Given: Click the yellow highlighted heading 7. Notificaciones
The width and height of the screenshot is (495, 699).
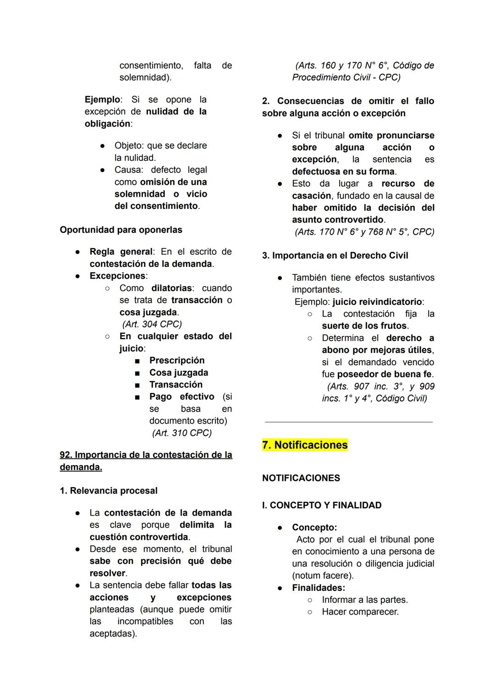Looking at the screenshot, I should (x=305, y=445).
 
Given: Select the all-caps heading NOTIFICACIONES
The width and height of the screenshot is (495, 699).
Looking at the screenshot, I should (x=301, y=478).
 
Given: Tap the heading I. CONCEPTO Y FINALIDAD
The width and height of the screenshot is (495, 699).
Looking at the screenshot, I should (x=322, y=505).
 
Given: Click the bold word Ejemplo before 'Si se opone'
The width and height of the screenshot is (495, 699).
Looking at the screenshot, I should (x=102, y=99).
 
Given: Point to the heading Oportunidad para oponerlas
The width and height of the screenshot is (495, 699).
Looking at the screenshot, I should (x=121, y=230).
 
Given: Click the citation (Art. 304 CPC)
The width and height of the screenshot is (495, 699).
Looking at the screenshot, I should (x=152, y=324).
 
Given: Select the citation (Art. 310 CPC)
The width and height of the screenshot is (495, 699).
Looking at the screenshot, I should (x=182, y=433).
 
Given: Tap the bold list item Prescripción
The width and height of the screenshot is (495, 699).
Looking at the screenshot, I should (x=177, y=360).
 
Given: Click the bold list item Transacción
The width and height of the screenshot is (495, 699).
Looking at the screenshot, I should (x=176, y=385).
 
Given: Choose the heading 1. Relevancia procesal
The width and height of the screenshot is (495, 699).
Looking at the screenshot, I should (x=109, y=490).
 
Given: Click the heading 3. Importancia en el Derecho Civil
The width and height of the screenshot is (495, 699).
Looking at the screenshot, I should (x=335, y=255).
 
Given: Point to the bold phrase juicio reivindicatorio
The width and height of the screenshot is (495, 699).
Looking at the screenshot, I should (x=377, y=302).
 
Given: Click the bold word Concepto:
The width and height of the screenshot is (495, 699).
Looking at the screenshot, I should (x=314, y=527).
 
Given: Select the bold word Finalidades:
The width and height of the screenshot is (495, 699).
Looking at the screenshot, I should (x=319, y=588).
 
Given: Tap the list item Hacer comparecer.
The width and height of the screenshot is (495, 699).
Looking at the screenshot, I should (x=360, y=611).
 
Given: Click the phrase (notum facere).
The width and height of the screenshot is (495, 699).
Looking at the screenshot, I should (x=323, y=575).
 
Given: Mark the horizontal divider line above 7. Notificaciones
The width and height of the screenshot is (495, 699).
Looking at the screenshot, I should (x=349, y=422).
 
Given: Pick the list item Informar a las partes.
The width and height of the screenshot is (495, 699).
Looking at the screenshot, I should (x=365, y=600).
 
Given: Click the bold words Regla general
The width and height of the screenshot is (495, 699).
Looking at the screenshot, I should (x=121, y=252).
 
